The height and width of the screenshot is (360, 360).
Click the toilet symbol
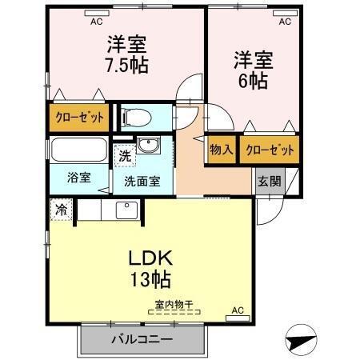(x=137, y=117)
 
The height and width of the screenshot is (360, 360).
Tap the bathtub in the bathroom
(x=78, y=150)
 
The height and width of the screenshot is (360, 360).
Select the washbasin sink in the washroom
(x=148, y=145)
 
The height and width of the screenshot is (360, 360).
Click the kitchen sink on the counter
(x=127, y=210)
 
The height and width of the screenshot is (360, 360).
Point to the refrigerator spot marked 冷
(x=62, y=210)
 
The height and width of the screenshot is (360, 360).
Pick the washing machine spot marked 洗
(x=124, y=157)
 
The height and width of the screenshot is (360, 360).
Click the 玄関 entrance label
(x=269, y=181)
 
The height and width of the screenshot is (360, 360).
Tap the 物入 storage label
(x=222, y=150)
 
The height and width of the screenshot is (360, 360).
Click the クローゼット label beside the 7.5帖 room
(x=80, y=118)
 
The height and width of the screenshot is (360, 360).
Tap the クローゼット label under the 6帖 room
(x=268, y=150)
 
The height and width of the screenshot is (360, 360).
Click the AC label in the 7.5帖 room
(x=96, y=22)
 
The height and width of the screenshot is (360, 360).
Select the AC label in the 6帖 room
(x=284, y=22)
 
